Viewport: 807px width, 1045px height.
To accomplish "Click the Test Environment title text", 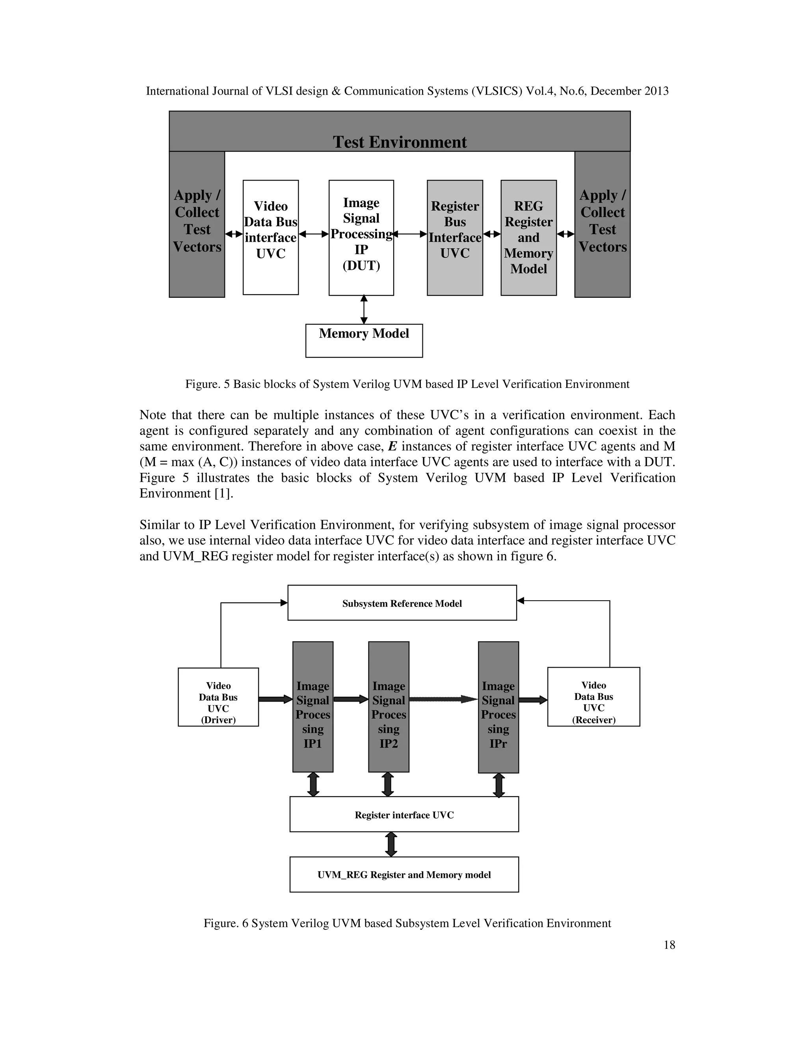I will point(400,142).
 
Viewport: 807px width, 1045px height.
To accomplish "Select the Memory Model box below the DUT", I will point(364,340).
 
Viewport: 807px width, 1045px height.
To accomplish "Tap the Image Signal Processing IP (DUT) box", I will point(361,237).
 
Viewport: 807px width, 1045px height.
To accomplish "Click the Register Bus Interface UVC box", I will point(455,237).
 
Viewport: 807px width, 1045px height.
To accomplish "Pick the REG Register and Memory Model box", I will point(528,237).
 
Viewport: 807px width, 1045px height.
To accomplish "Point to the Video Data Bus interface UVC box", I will point(271,237).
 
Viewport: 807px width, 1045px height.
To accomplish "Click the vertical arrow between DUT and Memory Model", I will point(364,310).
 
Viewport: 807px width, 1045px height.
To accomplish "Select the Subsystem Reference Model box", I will point(402,603).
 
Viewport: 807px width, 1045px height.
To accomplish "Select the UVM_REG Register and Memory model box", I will point(404,875).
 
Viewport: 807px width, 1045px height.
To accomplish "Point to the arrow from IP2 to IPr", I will point(443,699).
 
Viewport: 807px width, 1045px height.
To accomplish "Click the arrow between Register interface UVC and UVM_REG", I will point(391,845).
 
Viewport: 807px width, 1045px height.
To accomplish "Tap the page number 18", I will point(669,945).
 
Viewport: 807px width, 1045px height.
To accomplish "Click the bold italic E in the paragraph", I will point(392,446).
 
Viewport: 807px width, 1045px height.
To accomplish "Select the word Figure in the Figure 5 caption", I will point(201,384).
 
